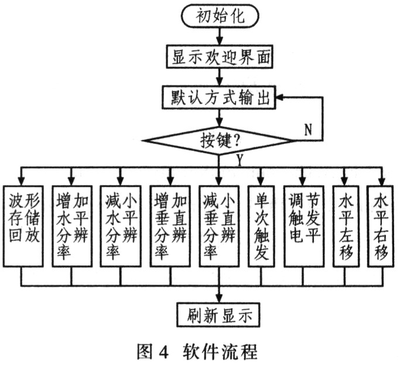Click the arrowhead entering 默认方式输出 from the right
(282, 98)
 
